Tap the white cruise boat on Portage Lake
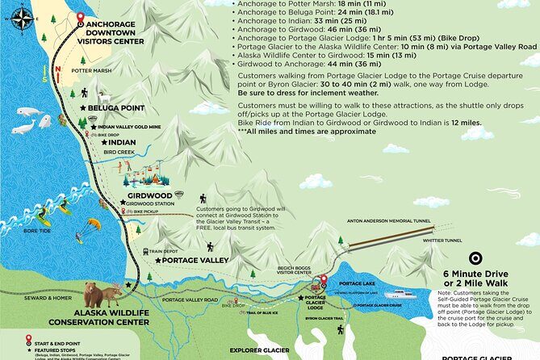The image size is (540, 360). (x=400, y=294)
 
